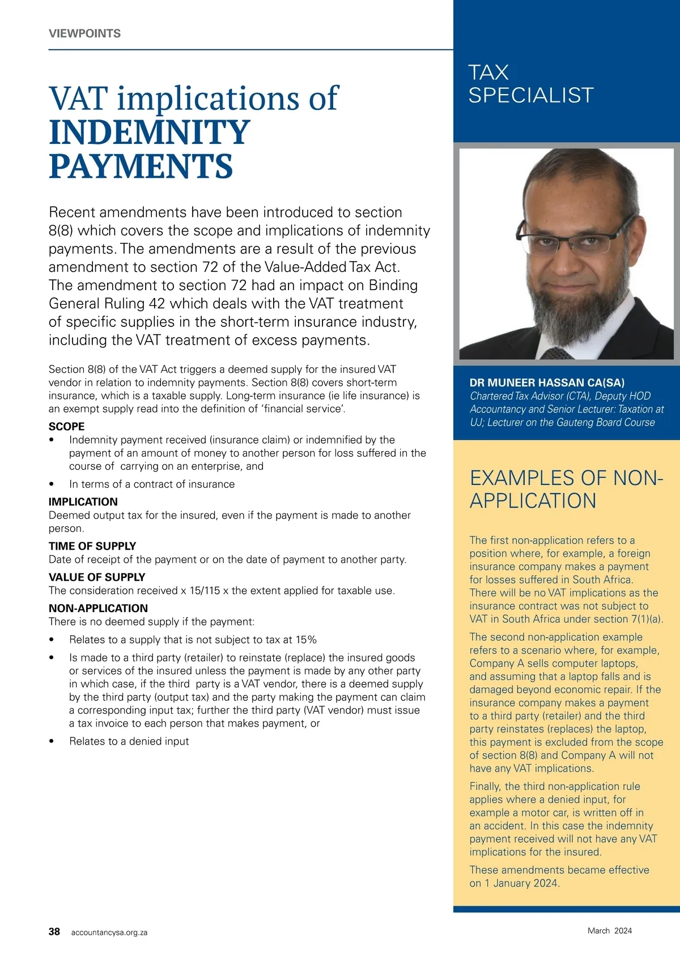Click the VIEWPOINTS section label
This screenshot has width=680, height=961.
[84, 33]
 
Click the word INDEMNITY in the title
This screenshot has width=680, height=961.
[149, 133]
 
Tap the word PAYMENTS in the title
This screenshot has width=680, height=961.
[141, 167]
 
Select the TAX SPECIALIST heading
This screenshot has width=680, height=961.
[530, 84]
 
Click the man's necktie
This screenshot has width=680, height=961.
[558, 354]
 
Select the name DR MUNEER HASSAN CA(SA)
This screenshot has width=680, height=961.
[547, 382]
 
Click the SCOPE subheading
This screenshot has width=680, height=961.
[66, 427]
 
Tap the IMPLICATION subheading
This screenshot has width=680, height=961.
[83, 502]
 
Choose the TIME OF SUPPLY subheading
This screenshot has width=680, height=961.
[92, 546]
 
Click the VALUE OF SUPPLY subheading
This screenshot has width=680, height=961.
[97, 577]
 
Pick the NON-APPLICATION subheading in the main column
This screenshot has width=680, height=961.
[98, 609]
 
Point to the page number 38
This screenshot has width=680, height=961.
[54, 932]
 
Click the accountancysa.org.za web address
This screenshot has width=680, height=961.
[109, 932]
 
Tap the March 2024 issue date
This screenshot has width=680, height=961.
[609, 930]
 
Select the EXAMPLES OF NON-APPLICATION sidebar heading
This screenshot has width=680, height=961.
[566, 490]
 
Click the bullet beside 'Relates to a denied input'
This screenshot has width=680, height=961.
[52, 741]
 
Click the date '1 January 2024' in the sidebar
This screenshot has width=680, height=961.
[521, 883]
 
